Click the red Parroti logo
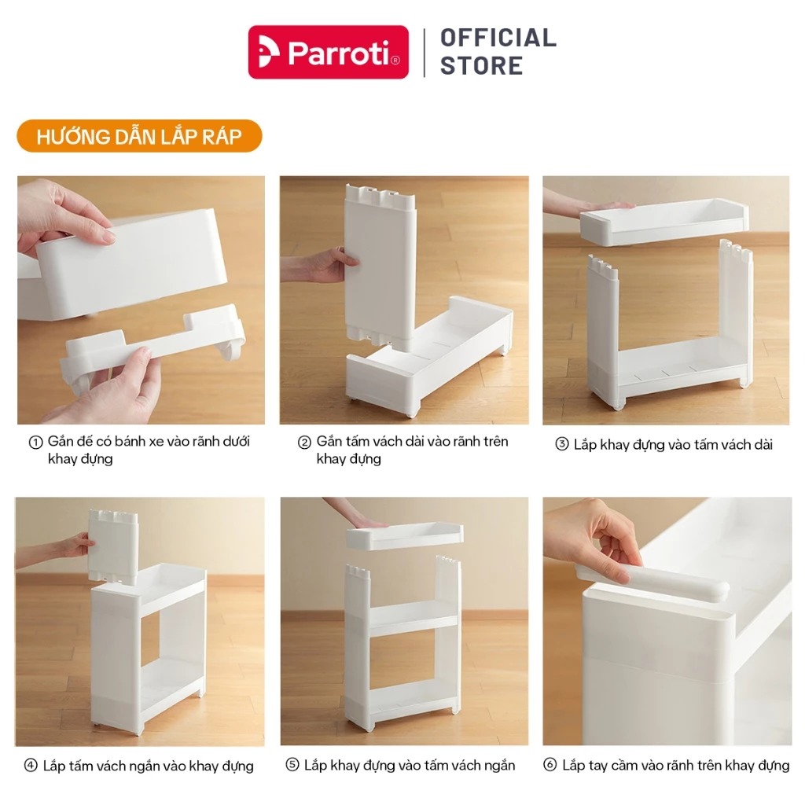click(328, 52)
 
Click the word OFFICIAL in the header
click(498, 38)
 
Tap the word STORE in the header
click(482, 66)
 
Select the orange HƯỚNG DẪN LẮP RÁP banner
click(139, 136)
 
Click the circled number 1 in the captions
click(35, 443)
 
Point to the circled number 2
click(304, 443)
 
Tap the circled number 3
click(562, 444)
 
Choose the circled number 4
click(31, 766)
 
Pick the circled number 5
click(292, 765)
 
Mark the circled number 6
click(550, 765)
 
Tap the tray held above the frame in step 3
click(663, 221)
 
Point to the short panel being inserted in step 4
click(113, 546)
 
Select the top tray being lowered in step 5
click(405, 536)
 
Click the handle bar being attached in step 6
click(652, 580)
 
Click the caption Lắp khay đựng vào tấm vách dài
click(673, 445)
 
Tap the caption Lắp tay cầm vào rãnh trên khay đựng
click(675, 766)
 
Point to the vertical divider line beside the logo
click(425, 53)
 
